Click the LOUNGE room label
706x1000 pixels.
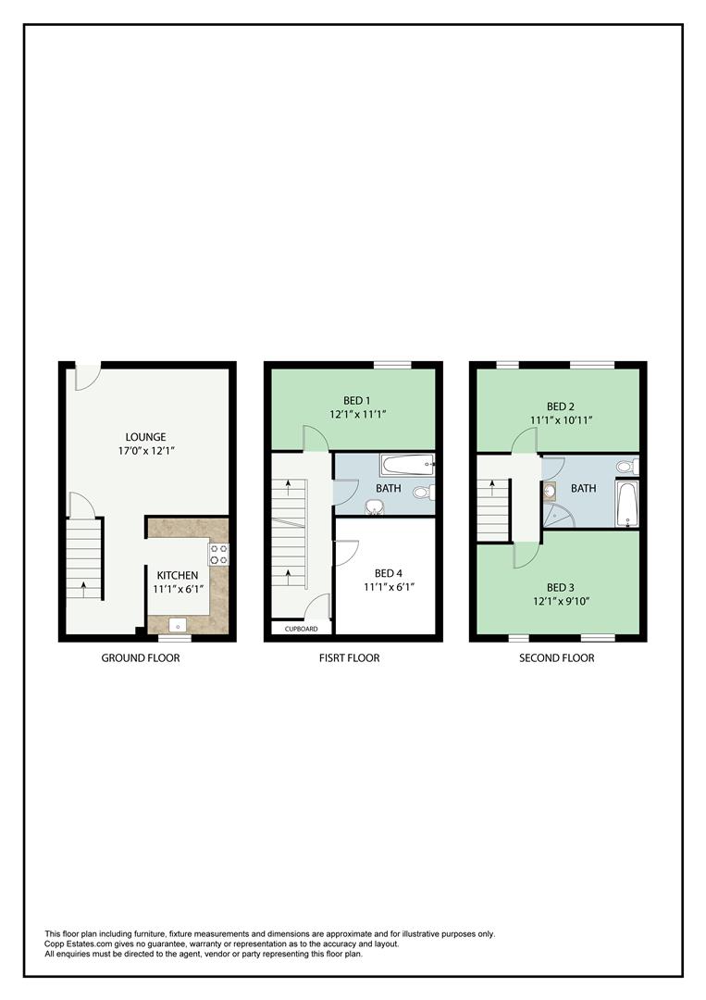point(146,437)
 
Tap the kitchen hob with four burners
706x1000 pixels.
point(219,554)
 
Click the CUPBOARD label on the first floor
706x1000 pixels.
point(302,629)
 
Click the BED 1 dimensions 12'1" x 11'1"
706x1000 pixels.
point(357,415)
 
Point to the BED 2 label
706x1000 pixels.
point(561,406)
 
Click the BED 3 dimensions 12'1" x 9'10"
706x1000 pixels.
point(561,601)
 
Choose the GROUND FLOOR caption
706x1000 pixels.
point(141,658)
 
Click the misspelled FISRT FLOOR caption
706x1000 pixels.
point(348,658)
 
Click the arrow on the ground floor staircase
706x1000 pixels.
point(83,584)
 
